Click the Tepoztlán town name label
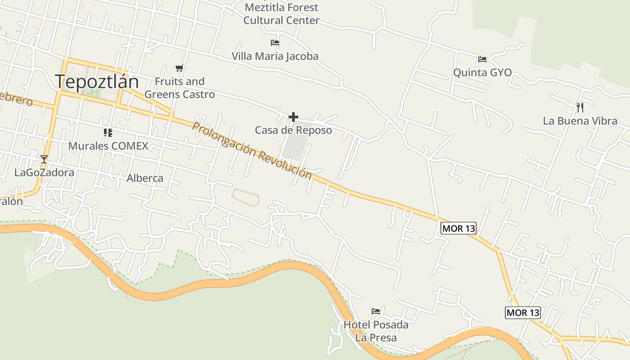[x=97, y=81]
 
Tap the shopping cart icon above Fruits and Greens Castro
[x=180, y=68]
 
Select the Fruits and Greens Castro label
[x=180, y=88]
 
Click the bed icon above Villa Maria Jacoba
[x=275, y=43]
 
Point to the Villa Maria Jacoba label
[x=275, y=56]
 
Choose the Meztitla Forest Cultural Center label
[x=281, y=14]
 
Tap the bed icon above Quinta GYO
[x=482, y=59]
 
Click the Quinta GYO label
[x=482, y=72]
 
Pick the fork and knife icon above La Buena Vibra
[x=580, y=107]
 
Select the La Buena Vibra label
[x=580, y=121]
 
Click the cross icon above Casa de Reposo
[x=293, y=117]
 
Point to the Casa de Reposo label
[x=293, y=130]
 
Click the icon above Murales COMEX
[x=108, y=132]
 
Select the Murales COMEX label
[x=108, y=146]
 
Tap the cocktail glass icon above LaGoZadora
[x=44, y=159]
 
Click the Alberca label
[x=145, y=178]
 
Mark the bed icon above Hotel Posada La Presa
[x=376, y=311]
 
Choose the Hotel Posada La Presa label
[x=376, y=331]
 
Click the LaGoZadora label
[x=44, y=172]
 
